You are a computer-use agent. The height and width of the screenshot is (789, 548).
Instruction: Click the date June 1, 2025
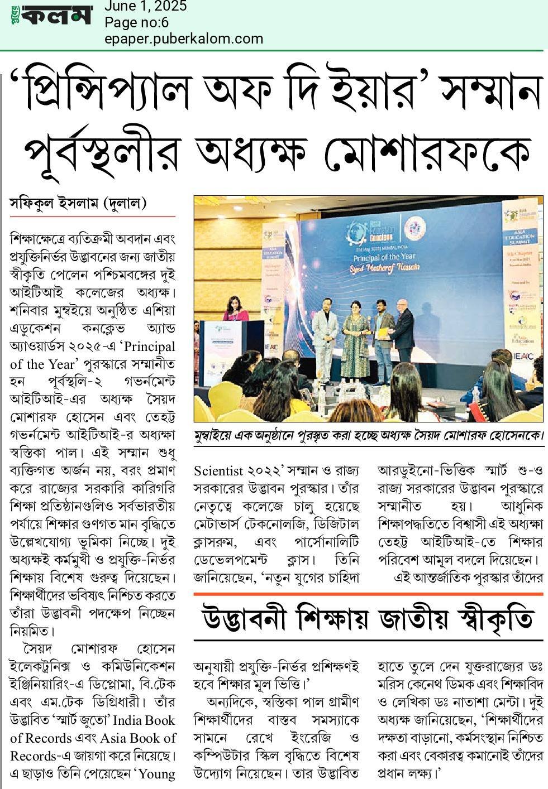(145, 7)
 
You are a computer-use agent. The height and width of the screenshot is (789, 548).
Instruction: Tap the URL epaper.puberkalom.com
(183, 39)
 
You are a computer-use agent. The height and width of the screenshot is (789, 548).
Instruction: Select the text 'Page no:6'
(136, 22)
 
